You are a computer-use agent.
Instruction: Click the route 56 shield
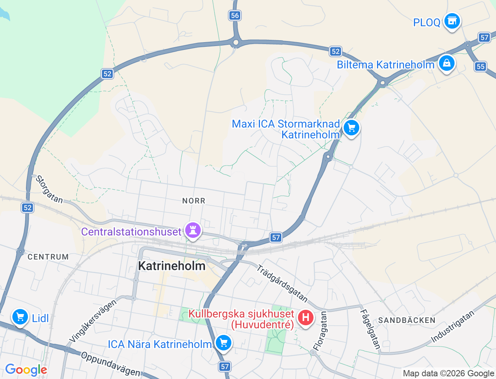pyautogui.click(x=234, y=15)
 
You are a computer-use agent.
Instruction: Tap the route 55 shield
pyautogui.click(x=480, y=67)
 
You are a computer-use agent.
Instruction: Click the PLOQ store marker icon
pyautogui.click(x=452, y=21)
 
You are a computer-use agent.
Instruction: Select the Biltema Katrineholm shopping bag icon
pyautogui.click(x=446, y=63)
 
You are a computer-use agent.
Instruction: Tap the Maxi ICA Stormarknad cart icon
pyautogui.click(x=351, y=128)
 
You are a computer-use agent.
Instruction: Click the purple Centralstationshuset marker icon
pyautogui.click(x=193, y=230)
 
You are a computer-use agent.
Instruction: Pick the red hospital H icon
pyautogui.click(x=305, y=318)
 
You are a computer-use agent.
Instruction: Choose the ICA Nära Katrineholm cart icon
pyautogui.click(x=223, y=342)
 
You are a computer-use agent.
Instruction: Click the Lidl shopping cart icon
pyautogui.click(x=20, y=317)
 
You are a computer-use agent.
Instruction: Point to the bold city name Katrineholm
pyautogui.click(x=172, y=266)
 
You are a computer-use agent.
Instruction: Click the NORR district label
pyautogui.click(x=194, y=201)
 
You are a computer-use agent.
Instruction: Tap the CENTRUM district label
pyautogui.click(x=48, y=257)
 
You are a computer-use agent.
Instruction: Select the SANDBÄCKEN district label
pyautogui.click(x=406, y=320)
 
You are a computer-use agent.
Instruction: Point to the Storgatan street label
pyautogui.click(x=49, y=189)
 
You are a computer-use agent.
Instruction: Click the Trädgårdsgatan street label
pyautogui.click(x=282, y=283)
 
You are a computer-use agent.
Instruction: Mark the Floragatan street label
pyautogui.click(x=320, y=331)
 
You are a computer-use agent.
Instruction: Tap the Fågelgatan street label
pyautogui.click(x=370, y=329)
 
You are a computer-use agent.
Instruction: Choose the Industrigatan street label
pyautogui.click(x=453, y=327)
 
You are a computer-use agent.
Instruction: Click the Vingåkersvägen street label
pyautogui.click(x=93, y=321)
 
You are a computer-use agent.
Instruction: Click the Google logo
pyautogui.click(x=26, y=370)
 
